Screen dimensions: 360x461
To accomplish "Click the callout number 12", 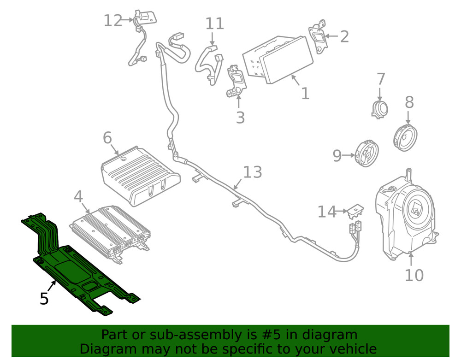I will pos(113,21).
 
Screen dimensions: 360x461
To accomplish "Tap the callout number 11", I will pos(214,24).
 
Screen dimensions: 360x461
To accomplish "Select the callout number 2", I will pos(344,36).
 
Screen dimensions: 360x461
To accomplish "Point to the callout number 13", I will pos(252,172).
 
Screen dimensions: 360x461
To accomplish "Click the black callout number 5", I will pos(44,299).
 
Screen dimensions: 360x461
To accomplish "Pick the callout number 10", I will pos(414,275).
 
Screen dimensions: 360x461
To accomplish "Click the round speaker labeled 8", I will pos(406,136).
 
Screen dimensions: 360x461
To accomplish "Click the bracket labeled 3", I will pos(236,81).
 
